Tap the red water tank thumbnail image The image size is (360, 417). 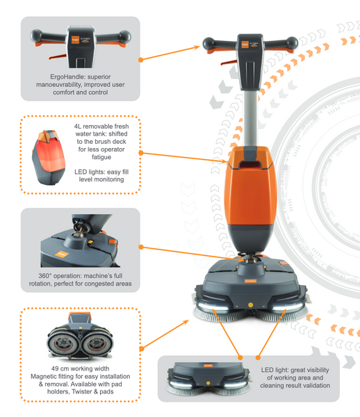49,158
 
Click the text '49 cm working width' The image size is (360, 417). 81,368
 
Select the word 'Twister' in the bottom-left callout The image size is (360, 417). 82,391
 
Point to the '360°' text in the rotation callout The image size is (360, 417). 44,276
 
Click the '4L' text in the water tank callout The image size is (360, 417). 77,126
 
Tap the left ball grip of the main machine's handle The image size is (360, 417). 208,43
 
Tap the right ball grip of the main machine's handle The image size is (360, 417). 292,42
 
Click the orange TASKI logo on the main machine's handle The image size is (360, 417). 245,44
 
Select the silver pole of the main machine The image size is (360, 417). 249,118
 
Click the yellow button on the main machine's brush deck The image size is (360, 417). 250,304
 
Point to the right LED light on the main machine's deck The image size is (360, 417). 288,308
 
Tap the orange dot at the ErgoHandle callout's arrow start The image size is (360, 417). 141,60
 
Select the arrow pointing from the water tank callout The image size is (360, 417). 184,157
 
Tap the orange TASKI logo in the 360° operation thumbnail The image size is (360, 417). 61,254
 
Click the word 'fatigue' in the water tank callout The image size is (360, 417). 101,157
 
